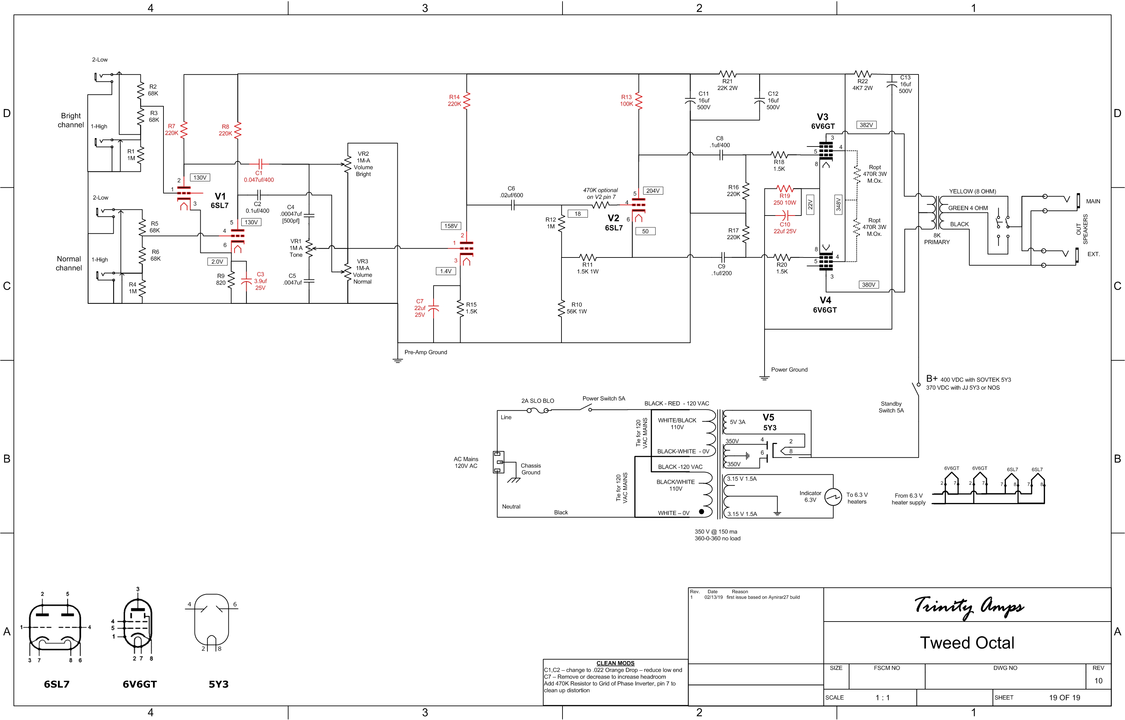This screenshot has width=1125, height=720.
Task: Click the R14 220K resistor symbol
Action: click(467, 101)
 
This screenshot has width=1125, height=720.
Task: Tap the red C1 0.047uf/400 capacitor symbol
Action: click(261, 164)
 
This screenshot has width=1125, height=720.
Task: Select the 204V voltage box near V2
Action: click(653, 191)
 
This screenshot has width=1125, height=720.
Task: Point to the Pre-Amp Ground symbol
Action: click(397, 360)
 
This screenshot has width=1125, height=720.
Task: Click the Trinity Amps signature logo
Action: click(968, 607)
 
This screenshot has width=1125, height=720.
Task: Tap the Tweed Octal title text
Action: click(967, 643)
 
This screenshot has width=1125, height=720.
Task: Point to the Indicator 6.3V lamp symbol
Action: click(833, 497)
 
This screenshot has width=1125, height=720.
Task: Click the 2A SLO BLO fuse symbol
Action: click(538, 410)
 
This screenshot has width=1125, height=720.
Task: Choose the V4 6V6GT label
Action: click(825, 305)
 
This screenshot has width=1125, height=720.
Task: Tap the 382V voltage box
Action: click(866, 125)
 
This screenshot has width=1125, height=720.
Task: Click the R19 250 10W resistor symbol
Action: click(784, 189)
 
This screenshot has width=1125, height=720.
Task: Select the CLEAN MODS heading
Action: click(615, 663)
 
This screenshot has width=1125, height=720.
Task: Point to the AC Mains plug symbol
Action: click(499, 462)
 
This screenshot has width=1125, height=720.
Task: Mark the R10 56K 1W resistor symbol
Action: click(561, 309)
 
